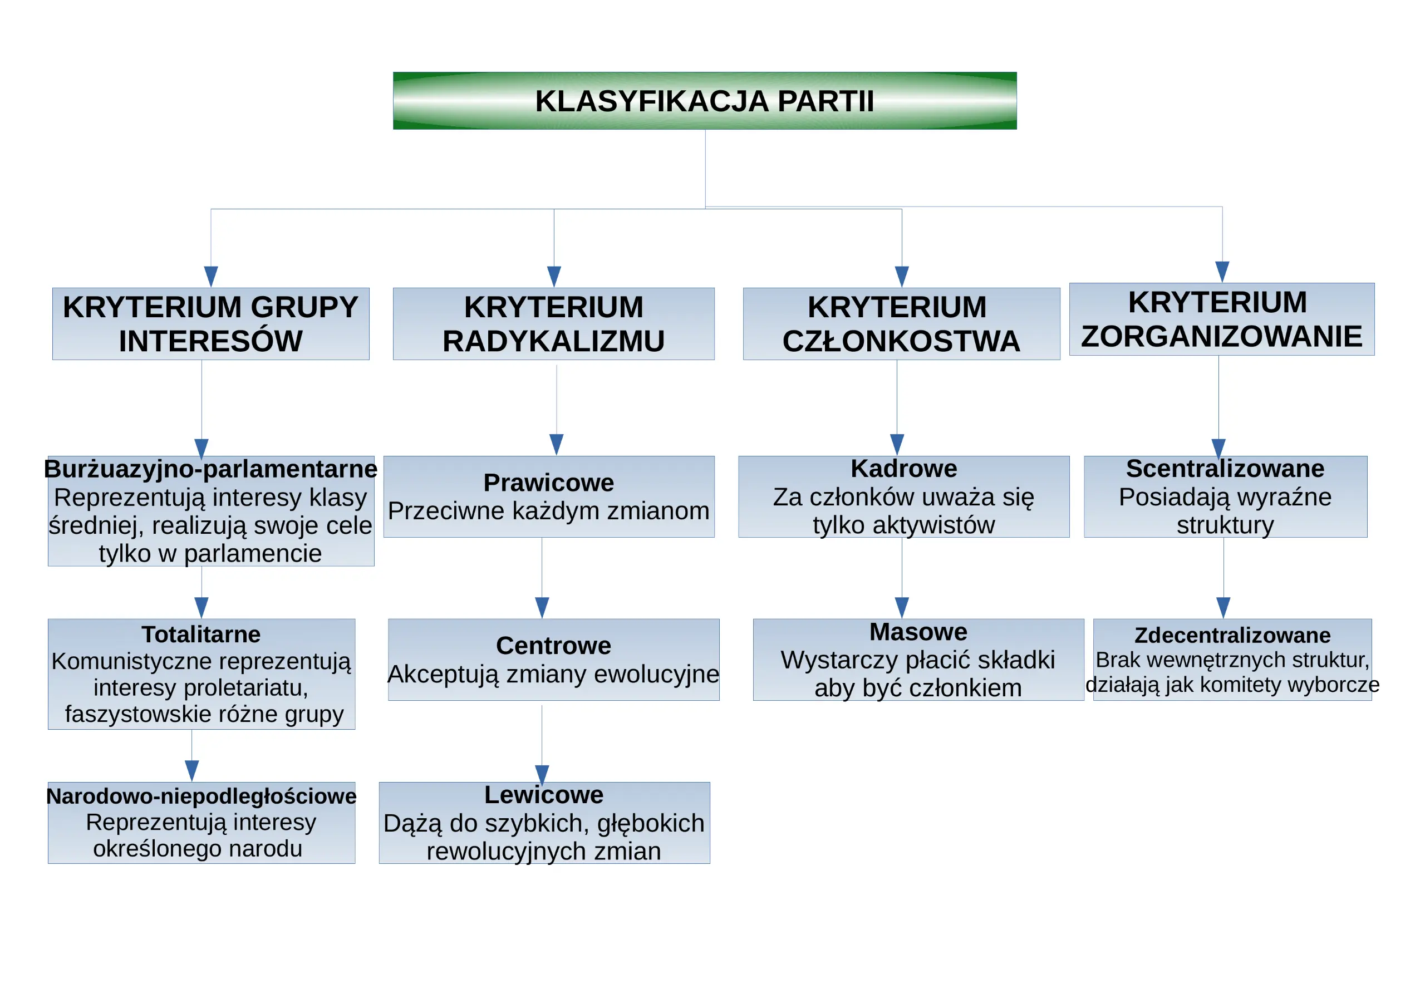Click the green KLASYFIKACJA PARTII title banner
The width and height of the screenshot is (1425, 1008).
(x=705, y=101)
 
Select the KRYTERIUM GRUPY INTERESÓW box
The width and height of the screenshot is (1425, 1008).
(x=211, y=323)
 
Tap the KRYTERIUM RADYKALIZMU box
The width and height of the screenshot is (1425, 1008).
(x=554, y=323)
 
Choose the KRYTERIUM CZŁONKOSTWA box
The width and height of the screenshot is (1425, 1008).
(x=901, y=323)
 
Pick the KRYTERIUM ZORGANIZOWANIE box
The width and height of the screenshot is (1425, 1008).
(x=1221, y=319)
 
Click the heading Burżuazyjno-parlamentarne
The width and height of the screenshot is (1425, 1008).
(x=210, y=469)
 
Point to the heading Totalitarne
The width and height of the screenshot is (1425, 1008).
(x=201, y=634)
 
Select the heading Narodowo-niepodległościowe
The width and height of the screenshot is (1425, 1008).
(x=201, y=796)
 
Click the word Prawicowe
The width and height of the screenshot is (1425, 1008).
(x=549, y=482)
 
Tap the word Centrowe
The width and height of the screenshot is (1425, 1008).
(x=554, y=646)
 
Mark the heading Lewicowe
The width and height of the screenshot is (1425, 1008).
(x=544, y=794)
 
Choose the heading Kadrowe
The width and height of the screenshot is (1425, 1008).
(x=903, y=468)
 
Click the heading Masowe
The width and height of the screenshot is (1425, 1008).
(x=918, y=631)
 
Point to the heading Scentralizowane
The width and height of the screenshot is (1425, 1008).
(x=1225, y=468)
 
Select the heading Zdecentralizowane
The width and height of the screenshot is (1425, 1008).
(x=1232, y=635)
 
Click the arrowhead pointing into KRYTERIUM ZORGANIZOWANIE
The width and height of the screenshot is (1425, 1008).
(x=1222, y=272)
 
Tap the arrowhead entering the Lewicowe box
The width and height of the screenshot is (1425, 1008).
(x=542, y=775)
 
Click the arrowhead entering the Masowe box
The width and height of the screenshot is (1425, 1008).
(x=902, y=608)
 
